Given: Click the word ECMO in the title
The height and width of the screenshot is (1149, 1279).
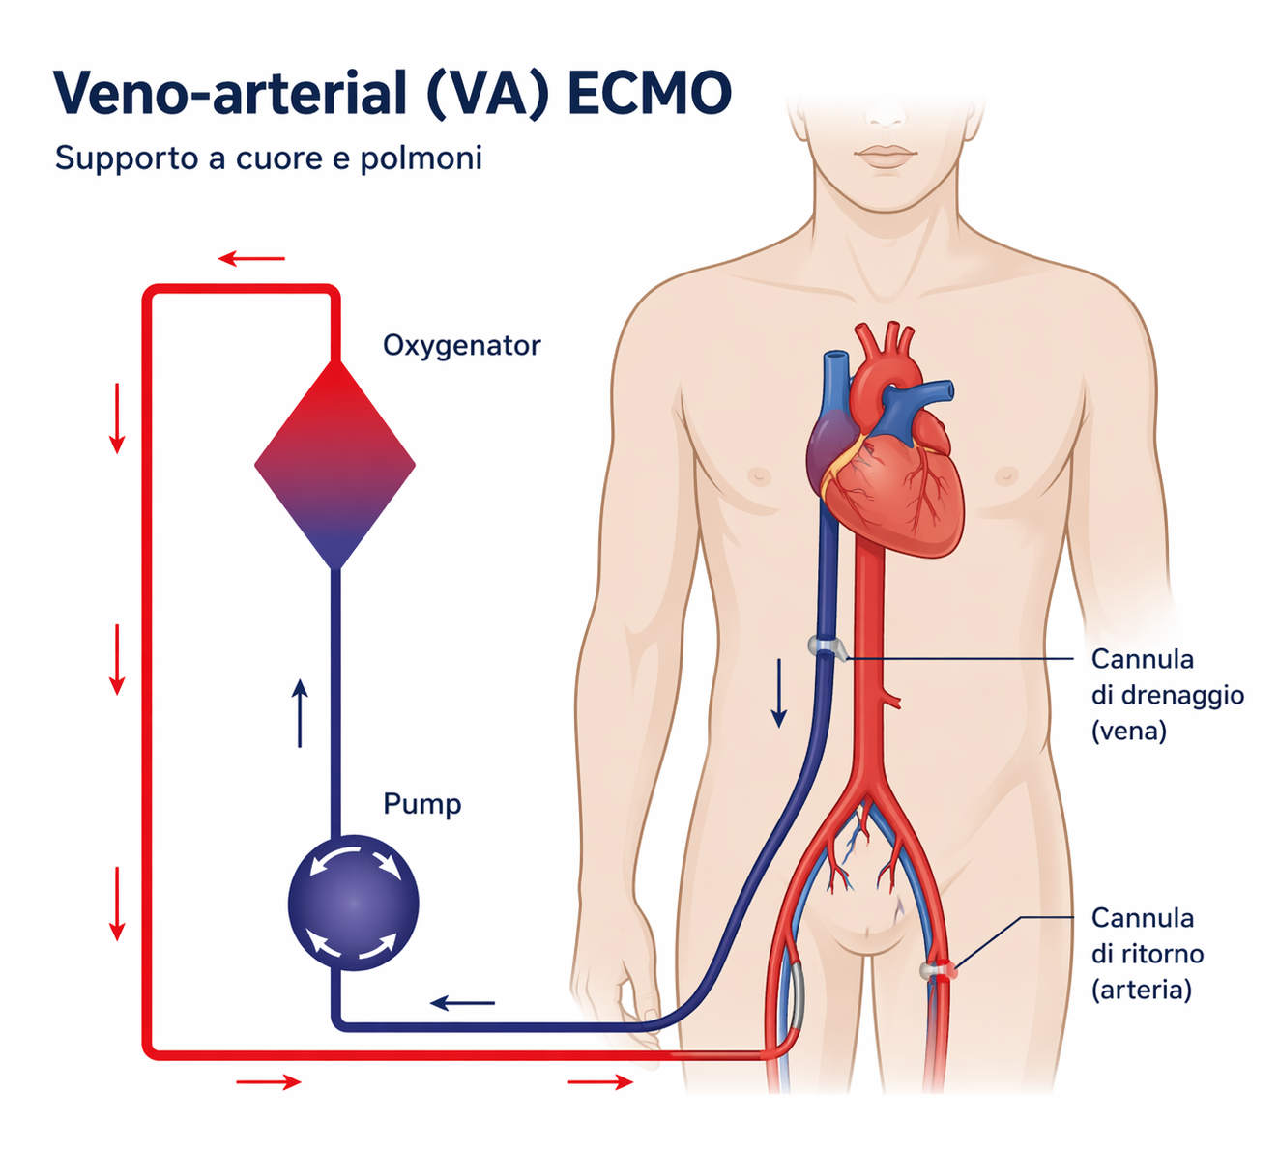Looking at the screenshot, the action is pyautogui.click(x=649, y=93).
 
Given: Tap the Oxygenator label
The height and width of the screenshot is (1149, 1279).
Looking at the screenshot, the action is pyautogui.click(x=461, y=346).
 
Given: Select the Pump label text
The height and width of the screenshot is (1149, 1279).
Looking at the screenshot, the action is pyautogui.click(x=422, y=805).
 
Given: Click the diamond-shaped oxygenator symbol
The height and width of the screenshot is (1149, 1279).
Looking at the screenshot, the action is pyautogui.click(x=334, y=464).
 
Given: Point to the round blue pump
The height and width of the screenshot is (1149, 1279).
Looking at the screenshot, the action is pyautogui.click(x=353, y=903).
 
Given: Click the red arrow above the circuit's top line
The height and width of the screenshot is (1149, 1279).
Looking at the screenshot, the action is pyautogui.click(x=251, y=258).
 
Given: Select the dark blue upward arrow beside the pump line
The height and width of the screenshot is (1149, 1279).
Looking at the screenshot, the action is pyautogui.click(x=300, y=713).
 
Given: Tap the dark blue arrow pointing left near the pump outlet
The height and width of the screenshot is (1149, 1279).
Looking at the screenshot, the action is pyautogui.click(x=462, y=1003).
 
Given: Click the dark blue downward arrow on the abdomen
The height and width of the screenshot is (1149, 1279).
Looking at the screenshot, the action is pyautogui.click(x=778, y=693).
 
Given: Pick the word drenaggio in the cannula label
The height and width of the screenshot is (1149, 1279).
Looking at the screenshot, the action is pyautogui.click(x=1168, y=695).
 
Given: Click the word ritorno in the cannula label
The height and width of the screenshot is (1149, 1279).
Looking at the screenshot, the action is pyautogui.click(x=1147, y=954).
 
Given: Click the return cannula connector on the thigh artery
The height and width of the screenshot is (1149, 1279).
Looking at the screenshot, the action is pyautogui.click(x=939, y=970).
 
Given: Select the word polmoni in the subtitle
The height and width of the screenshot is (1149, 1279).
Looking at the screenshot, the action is pyautogui.click(x=421, y=158).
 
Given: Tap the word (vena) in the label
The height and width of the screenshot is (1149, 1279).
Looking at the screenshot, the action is pyautogui.click(x=1128, y=731).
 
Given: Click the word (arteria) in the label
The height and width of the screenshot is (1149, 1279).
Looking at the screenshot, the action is pyautogui.click(x=1142, y=990).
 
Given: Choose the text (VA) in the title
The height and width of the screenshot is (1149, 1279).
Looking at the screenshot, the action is pyautogui.click(x=487, y=95).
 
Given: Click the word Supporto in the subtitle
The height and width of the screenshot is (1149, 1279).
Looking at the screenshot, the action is pyautogui.click(x=127, y=158).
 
